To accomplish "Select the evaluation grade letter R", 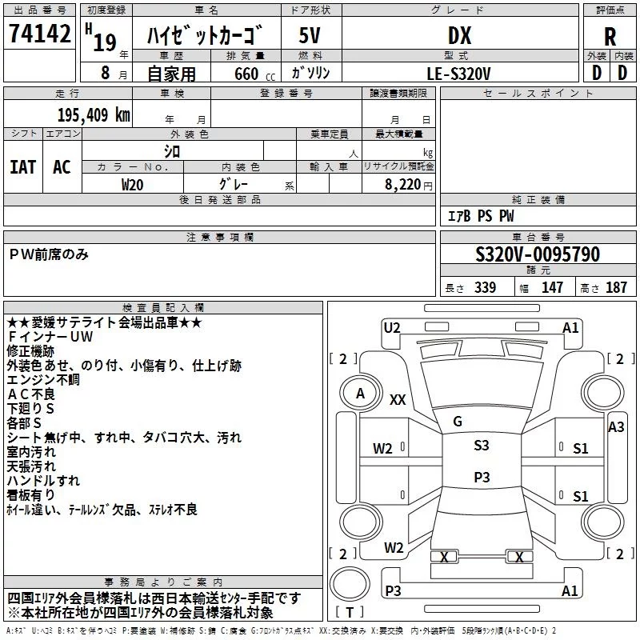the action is tap(610, 37).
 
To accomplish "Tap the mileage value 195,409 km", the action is tap(94, 115).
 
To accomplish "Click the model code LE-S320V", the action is tap(460, 73).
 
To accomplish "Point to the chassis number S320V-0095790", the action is tap(537, 255).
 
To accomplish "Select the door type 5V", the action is tap(310, 36).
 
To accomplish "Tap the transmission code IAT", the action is tap(22, 167).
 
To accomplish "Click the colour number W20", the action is tap(133, 184).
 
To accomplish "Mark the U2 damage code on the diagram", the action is tap(392, 327).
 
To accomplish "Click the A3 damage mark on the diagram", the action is tap(615, 427).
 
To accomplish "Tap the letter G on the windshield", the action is tap(458, 422).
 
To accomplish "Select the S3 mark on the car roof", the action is tap(481, 446).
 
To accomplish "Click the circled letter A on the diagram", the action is tap(361, 394).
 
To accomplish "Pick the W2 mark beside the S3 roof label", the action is tap(382, 449).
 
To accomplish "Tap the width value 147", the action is tap(552, 288).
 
